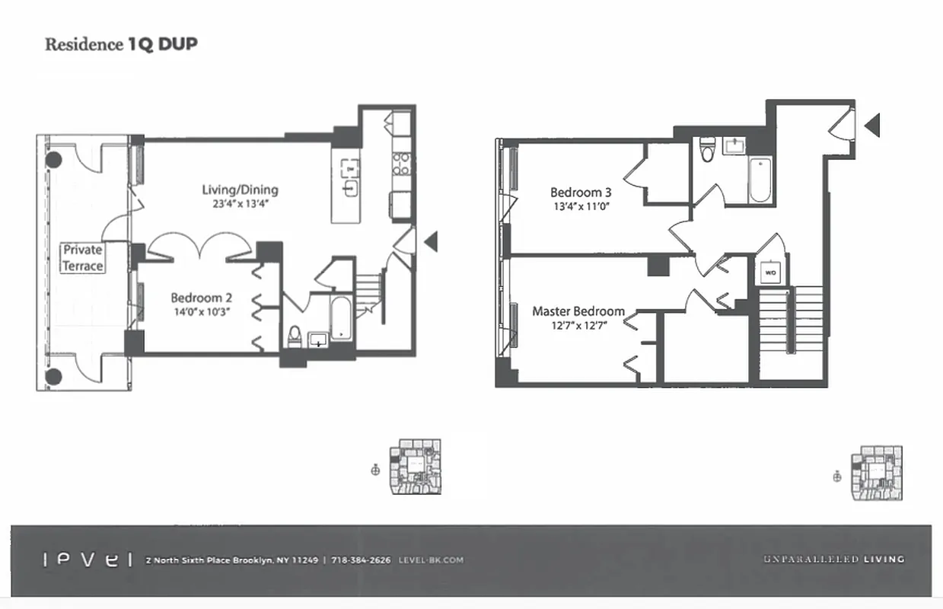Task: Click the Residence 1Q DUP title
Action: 121,44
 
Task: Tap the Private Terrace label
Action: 83,258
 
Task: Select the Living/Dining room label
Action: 240,190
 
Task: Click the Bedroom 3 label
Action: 581,192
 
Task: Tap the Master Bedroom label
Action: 578,311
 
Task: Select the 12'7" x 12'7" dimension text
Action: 578,325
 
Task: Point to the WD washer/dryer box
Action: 769,272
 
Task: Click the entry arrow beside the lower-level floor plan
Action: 431,242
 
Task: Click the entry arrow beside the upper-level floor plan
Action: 872,126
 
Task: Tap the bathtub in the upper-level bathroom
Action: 760,180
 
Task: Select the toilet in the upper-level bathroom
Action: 707,150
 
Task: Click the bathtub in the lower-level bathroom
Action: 339,318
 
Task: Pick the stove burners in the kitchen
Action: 400,164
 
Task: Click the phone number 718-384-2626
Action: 361,560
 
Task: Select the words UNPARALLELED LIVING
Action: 833,560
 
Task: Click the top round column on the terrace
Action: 53,160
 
